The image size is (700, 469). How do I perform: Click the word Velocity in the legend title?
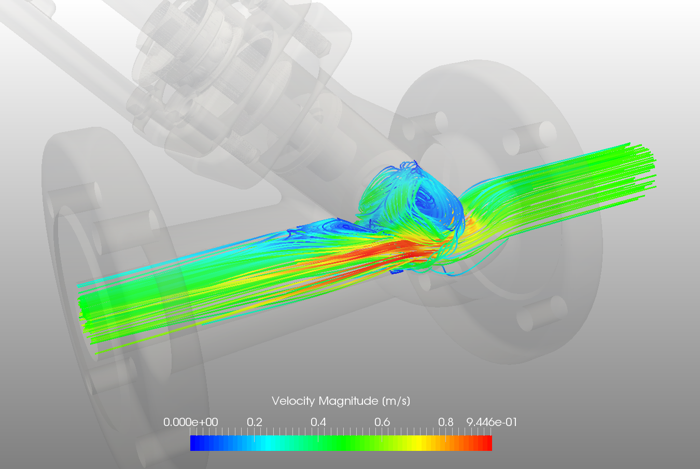coord(293,401)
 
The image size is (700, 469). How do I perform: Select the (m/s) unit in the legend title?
coord(396,401)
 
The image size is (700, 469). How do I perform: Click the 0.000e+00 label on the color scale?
coord(190,422)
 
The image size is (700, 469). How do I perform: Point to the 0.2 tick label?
coord(254,422)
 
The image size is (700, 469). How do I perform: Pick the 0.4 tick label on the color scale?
coord(318,422)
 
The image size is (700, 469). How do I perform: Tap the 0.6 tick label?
coord(382,422)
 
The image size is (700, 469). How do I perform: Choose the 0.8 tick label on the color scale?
coord(445,422)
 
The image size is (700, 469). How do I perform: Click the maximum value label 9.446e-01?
coord(492,422)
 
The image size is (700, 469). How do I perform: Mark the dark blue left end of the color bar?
coord(194,443)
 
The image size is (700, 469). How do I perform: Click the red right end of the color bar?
coord(487,443)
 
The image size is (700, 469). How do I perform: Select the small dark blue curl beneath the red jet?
coord(397,271)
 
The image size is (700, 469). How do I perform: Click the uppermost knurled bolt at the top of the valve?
coord(317,41)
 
